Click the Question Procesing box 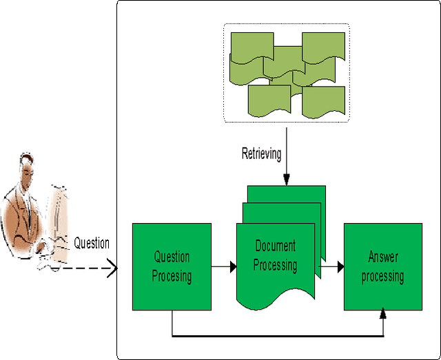[x=172, y=266]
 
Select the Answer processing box [x=382, y=266]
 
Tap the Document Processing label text [x=275, y=255]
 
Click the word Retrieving [x=261, y=153]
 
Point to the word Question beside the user [x=92, y=242]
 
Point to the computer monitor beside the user [x=61, y=220]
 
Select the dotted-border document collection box [x=286, y=73]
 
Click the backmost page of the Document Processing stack [x=303, y=193]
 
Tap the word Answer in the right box [x=382, y=257]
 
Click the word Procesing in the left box [x=172, y=277]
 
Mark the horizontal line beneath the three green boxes [x=276, y=336]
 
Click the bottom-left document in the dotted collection [x=269, y=100]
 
